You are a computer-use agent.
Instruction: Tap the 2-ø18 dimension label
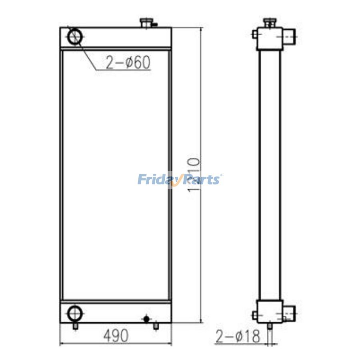(x=238, y=336)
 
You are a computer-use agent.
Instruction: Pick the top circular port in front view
(x=75, y=36)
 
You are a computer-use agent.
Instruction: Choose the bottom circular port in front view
(x=75, y=313)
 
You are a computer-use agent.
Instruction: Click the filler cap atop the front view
(x=146, y=23)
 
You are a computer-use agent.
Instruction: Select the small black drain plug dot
(x=146, y=319)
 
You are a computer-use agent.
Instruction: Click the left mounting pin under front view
(x=75, y=326)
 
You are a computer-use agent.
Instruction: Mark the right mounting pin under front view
(x=156, y=326)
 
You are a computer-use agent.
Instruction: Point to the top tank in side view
(x=270, y=38)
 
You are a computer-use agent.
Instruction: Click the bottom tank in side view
(x=270, y=312)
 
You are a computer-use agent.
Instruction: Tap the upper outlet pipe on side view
(x=291, y=37)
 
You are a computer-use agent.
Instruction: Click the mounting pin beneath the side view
(x=270, y=327)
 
